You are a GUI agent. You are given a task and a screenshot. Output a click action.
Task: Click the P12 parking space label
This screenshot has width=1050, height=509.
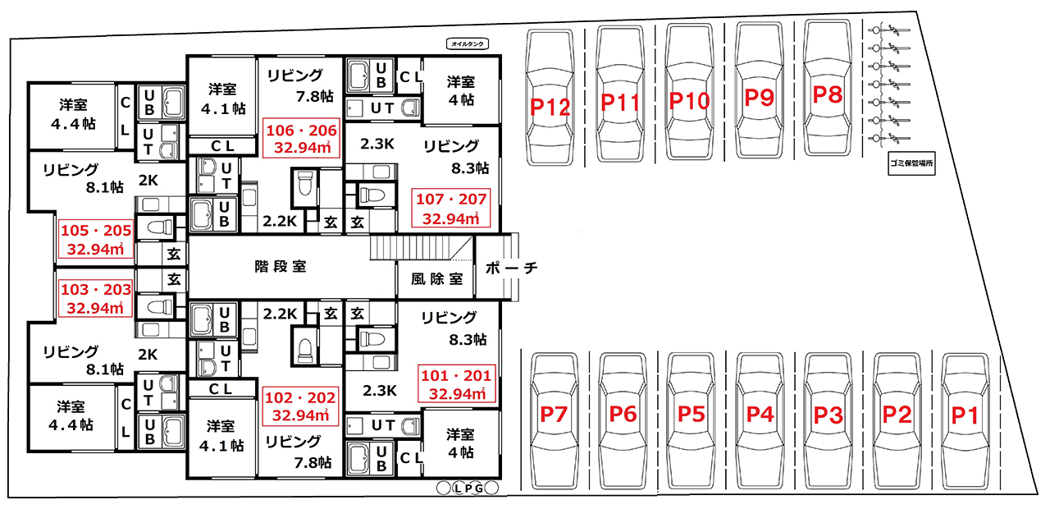pos(550,107)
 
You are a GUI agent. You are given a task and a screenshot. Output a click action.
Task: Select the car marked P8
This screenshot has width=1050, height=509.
pos(828,88)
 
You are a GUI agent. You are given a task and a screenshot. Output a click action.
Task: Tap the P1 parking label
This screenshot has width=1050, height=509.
pos(966,415)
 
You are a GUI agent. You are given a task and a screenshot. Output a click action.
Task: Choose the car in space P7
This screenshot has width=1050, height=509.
pos(554,421)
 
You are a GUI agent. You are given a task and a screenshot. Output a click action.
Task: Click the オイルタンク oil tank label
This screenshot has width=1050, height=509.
pos(468,44)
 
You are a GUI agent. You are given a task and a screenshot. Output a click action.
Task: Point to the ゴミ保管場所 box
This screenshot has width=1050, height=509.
pos(911,163)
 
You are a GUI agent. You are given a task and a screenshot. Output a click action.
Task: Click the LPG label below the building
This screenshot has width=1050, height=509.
pos(468,488)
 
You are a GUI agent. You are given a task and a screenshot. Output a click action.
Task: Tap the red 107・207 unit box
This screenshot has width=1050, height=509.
pos(451,208)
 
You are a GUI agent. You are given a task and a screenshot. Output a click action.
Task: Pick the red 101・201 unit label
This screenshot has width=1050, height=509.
pos(457,384)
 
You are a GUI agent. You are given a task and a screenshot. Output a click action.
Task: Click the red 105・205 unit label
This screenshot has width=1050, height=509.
pos(96,240)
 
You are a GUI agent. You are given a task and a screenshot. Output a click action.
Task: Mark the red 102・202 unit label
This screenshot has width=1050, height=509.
pos(300,406)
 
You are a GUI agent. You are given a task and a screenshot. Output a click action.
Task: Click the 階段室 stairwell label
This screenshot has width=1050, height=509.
pos(281,267)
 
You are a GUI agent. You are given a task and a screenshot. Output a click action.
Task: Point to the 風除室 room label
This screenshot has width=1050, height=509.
pos(437,280)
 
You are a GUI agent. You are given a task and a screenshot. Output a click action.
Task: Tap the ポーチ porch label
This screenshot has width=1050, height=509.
pos(511,268)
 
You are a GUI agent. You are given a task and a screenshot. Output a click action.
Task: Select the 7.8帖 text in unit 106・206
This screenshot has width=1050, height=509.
pos(314,97)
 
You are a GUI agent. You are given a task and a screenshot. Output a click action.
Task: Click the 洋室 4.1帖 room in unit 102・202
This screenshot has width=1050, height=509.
pos(221,436)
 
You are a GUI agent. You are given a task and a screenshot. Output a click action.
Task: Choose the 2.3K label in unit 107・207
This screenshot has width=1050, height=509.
pos(377,144)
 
